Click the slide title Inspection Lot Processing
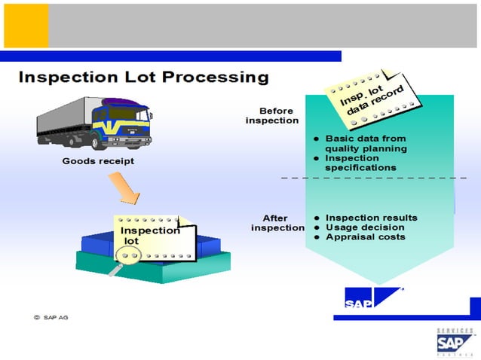point(143,77)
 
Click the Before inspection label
point(273,115)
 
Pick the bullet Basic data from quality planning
point(365,143)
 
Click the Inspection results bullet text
point(371,218)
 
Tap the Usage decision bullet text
point(364,227)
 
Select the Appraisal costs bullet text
point(365,237)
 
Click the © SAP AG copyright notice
point(51,318)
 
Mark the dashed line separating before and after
point(373,178)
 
